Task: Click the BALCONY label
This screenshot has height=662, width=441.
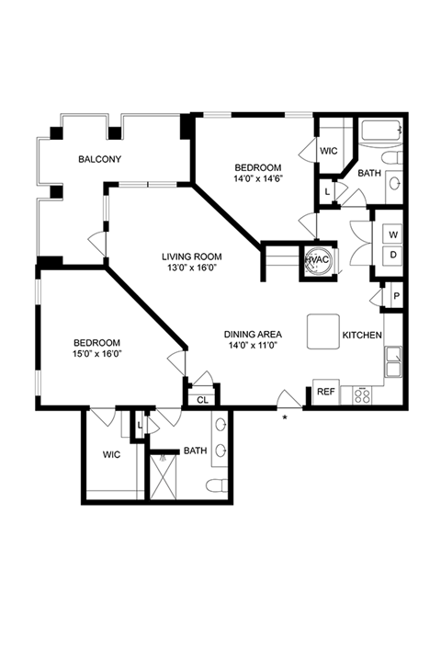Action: coord(100,159)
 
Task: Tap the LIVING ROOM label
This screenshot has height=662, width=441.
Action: coord(192,257)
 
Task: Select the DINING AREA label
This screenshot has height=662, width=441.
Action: coord(253,335)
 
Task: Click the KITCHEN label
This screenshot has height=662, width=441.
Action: coord(362,336)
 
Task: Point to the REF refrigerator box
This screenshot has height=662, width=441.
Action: coord(326,392)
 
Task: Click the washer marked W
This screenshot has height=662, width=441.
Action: coord(393,234)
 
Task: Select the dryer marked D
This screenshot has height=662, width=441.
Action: coord(393,255)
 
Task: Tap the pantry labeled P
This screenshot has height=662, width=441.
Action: coord(396,296)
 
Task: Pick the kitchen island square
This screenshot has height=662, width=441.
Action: coord(323,331)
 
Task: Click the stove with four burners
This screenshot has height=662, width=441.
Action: coord(362,395)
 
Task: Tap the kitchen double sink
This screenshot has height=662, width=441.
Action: coord(394,361)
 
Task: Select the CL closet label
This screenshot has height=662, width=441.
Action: coord(202,400)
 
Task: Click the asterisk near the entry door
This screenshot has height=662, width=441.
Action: coord(285,417)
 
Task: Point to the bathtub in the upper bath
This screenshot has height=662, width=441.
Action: coord(381,131)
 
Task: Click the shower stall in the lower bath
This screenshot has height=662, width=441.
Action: coord(164,476)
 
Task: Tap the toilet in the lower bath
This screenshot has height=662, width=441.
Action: coord(218,485)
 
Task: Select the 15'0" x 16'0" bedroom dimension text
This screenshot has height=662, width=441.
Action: coord(97,354)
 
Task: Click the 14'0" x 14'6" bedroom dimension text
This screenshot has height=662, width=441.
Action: coord(258,178)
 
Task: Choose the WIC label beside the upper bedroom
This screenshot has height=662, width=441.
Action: coord(329,151)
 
